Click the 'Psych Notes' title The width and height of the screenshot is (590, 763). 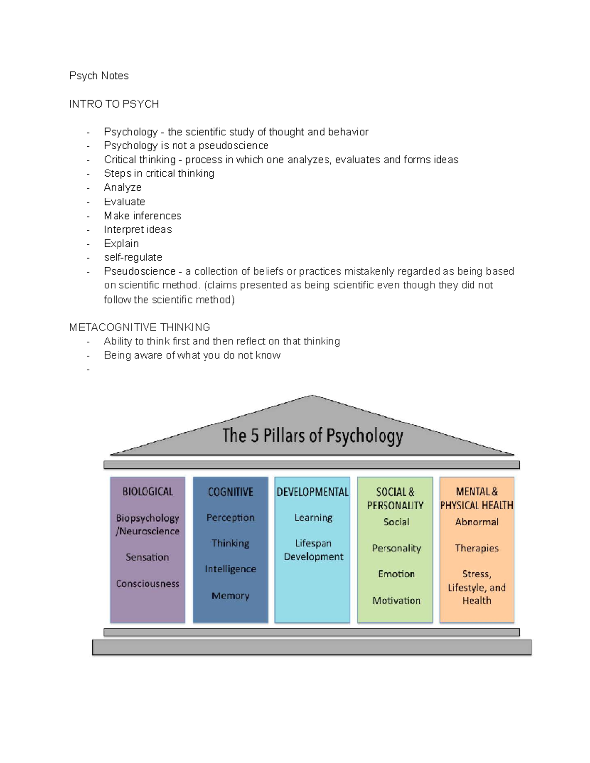99,76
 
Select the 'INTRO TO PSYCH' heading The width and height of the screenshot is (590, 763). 114,104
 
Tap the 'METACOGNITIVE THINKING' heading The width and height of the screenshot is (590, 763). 140,327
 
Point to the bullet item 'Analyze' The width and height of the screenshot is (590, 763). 122,187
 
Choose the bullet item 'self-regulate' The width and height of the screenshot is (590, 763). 133,257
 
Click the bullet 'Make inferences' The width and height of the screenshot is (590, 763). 143,216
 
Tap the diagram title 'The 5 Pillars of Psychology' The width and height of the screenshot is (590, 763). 313,436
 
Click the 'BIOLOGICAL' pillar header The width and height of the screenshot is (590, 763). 147,492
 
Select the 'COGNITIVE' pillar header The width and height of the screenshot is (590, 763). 231,492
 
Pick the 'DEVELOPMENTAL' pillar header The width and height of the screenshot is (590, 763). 312,492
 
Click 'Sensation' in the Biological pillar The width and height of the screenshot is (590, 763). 147,557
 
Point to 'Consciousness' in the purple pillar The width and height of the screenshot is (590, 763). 147,583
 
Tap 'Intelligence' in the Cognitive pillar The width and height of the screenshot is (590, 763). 230,569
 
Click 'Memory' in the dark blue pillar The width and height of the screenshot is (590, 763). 231,595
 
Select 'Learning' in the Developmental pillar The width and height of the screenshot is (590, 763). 313,517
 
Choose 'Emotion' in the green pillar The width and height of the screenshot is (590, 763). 396,574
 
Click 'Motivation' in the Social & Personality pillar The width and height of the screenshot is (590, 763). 396,600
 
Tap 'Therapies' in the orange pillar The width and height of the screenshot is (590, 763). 476,548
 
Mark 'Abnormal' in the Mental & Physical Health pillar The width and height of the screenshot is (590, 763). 476,522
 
